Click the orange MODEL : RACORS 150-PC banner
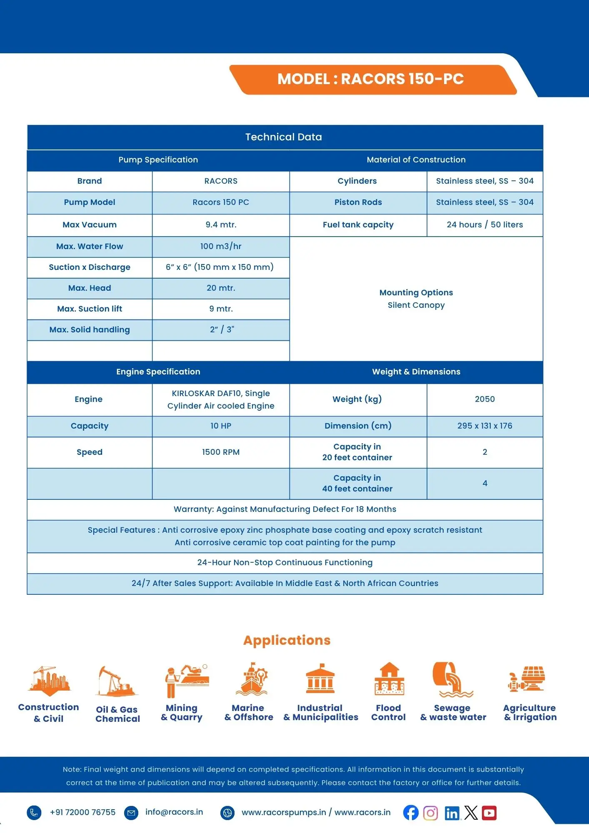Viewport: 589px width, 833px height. pos(371,79)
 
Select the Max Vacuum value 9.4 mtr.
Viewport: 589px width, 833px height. pos(221,225)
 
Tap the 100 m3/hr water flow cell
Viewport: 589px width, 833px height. pos(221,247)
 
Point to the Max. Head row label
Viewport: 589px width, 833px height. pos(90,288)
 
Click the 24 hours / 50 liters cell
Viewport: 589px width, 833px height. pos(484,225)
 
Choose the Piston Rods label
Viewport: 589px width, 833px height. pos(358,202)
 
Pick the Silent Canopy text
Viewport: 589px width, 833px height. pos(416,305)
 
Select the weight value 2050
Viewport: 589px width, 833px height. pos(484,399)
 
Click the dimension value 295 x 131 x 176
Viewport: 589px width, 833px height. pos(484,426)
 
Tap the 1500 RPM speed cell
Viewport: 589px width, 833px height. pos(221,452)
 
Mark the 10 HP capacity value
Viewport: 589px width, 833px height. pos(221,426)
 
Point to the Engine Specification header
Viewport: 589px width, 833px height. pos(158,372)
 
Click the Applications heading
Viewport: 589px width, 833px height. pos(287,640)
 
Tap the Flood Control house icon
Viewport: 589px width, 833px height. pos(389,679)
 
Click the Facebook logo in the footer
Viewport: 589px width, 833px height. pos(411,813)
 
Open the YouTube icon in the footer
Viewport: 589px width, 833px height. pos(489,813)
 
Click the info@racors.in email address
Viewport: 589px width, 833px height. pos(174,812)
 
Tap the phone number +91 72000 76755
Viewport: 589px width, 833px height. pos(82,813)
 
